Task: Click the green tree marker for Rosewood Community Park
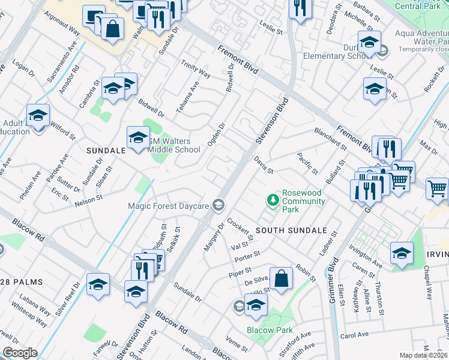click(274, 200)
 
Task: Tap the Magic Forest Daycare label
click(168, 206)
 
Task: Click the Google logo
click(20, 353)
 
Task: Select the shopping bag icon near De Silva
click(280, 278)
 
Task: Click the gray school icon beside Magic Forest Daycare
click(219, 206)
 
